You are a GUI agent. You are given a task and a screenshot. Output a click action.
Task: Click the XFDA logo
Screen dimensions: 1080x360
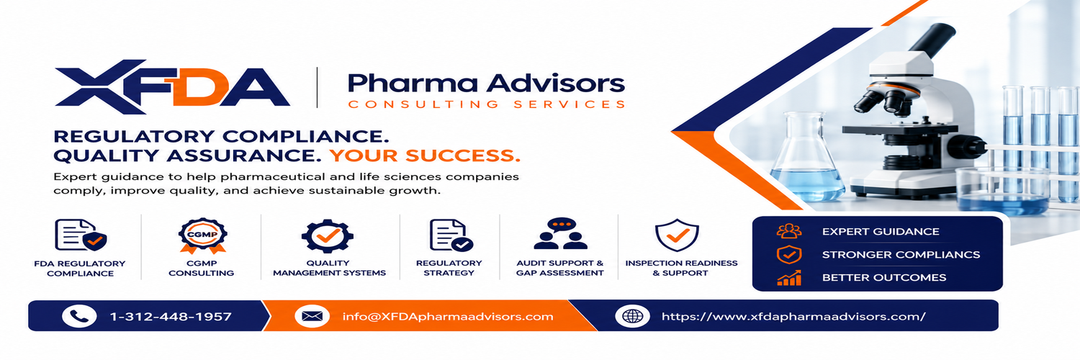(x=172, y=86)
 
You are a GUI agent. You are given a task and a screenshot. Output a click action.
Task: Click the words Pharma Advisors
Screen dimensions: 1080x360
(x=486, y=84)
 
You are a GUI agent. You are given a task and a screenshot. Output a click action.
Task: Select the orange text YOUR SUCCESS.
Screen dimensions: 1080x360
(x=425, y=156)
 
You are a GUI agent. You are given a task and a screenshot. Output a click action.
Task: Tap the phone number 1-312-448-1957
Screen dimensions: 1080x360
(x=171, y=317)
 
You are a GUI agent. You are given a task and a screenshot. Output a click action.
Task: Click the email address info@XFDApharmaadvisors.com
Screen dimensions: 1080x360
(x=448, y=317)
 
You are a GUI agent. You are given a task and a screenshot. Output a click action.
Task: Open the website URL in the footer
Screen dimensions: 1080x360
(x=793, y=317)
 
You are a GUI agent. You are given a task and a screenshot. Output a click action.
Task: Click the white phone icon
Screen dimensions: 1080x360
(x=79, y=316)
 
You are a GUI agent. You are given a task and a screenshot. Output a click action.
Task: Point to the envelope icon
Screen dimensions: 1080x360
(x=312, y=316)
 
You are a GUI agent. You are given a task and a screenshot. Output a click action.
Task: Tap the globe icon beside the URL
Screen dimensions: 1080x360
(x=633, y=316)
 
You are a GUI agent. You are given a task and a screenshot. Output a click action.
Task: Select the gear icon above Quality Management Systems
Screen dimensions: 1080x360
(x=328, y=235)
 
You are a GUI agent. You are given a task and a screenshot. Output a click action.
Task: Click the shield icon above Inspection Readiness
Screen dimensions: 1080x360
(x=677, y=235)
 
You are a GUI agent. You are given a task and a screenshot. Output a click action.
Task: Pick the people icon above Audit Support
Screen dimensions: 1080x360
(x=560, y=233)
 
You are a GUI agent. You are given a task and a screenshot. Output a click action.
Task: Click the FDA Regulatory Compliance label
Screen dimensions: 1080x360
(x=80, y=269)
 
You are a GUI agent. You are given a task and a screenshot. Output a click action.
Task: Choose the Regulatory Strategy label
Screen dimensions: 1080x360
(x=449, y=268)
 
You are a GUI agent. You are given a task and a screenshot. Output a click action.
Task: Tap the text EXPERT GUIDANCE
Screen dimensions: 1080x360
(x=881, y=232)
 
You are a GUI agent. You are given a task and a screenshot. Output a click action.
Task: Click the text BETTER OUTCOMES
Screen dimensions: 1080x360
(x=884, y=278)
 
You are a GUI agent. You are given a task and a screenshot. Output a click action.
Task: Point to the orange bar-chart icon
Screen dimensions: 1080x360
(x=789, y=278)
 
